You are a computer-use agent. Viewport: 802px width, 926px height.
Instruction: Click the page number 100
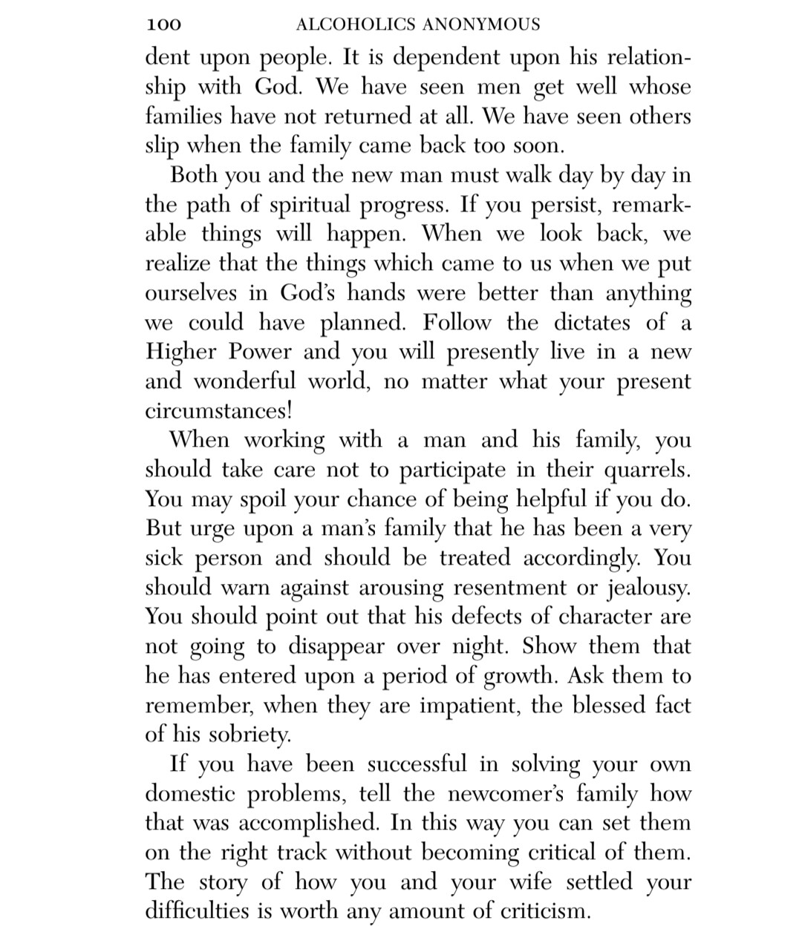163,25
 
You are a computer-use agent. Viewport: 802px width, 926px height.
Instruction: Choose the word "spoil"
263,499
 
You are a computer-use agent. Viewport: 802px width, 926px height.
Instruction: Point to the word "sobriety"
246,735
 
